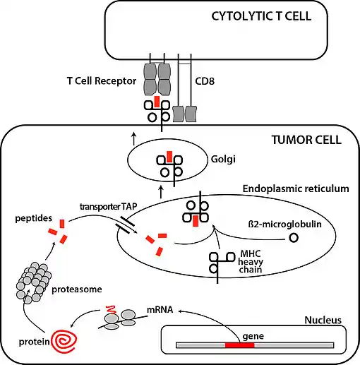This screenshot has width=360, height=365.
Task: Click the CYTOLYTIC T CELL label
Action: coord(261,16)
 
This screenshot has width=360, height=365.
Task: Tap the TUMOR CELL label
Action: coord(306,140)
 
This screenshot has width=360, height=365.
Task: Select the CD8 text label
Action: coord(205,81)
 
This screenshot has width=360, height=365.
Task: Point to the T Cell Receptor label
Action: coord(102,81)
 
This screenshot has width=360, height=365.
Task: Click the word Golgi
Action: coord(223,160)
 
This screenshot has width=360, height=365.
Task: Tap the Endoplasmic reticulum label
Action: coord(296,189)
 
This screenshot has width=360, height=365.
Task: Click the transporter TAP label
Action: coord(108,207)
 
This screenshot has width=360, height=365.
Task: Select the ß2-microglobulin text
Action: coord(285,224)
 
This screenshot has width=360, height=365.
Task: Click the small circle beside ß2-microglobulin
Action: coord(294,238)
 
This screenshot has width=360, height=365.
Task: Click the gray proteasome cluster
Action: coord(34,282)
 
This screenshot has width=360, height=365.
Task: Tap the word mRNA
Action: coord(160,310)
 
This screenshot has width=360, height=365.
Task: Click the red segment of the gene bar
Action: coord(239,345)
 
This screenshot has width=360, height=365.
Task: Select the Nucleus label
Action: coord(323,321)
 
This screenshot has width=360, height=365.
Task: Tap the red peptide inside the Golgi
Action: coord(169,157)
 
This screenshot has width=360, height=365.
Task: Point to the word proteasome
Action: coord(77,289)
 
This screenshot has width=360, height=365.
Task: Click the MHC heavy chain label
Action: coord(251,261)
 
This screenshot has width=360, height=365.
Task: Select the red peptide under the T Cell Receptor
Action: coord(157,102)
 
